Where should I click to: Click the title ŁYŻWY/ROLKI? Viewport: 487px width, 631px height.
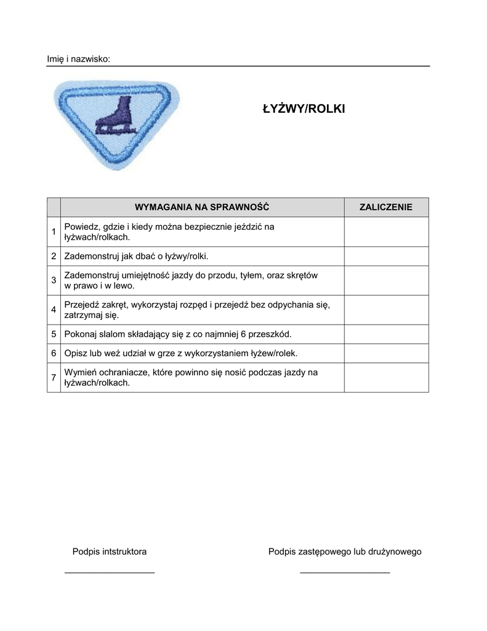[x=304, y=109]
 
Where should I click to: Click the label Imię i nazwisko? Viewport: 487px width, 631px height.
[x=79, y=59]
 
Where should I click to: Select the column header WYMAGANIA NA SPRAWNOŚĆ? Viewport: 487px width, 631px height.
[x=202, y=207]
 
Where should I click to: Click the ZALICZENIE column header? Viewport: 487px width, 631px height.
[x=386, y=207]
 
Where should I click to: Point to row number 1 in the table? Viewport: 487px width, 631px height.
[x=54, y=232]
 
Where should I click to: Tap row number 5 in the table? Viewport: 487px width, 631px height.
[x=54, y=334]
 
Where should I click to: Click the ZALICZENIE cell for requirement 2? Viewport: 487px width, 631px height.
[x=386, y=256]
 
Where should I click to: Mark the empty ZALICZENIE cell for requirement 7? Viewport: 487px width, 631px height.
[x=386, y=377]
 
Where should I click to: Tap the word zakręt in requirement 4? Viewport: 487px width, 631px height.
[x=115, y=304]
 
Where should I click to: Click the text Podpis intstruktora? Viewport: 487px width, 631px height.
[x=110, y=552]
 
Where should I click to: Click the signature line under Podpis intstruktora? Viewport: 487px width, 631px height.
[x=110, y=573]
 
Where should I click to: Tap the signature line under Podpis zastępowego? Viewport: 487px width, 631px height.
[x=345, y=573]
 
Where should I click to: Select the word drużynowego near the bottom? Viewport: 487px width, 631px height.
[x=395, y=552]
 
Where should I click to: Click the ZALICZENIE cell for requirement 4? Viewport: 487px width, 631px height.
[x=386, y=310]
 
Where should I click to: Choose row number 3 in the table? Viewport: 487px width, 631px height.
[x=54, y=280]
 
